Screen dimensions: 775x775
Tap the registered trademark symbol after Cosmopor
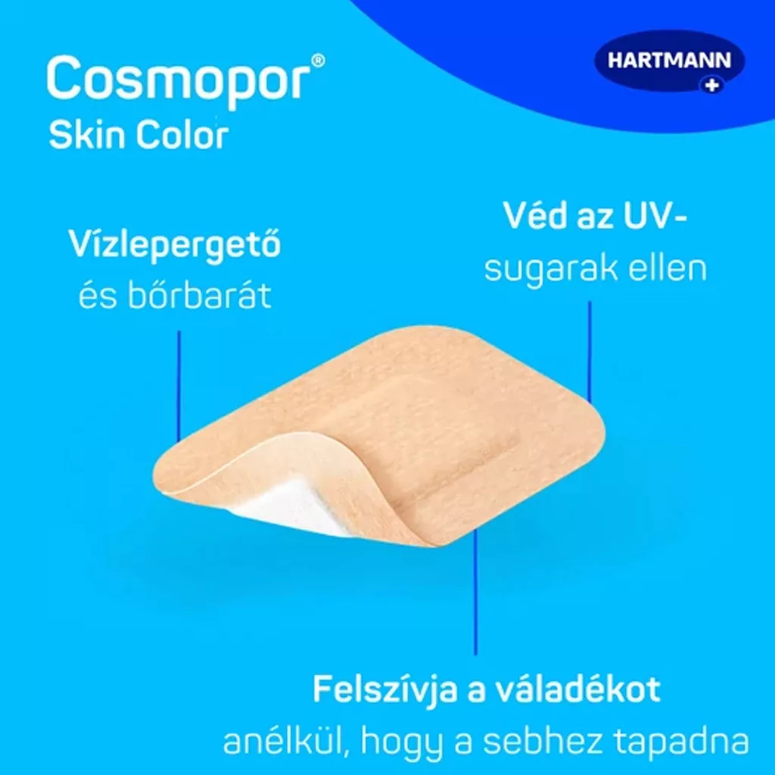pyautogui.click(x=319, y=61)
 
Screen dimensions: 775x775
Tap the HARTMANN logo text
pyautogui.click(x=669, y=61)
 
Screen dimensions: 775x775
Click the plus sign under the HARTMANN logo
pyautogui.click(x=711, y=86)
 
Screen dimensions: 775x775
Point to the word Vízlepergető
pyautogui.click(x=175, y=244)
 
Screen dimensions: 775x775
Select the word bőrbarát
pyautogui.click(x=200, y=296)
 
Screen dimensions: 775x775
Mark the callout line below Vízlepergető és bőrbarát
pyautogui.click(x=179, y=386)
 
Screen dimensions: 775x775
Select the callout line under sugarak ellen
pyautogui.click(x=590, y=352)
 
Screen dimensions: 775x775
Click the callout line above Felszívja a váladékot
pyautogui.click(x=475, y=593)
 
